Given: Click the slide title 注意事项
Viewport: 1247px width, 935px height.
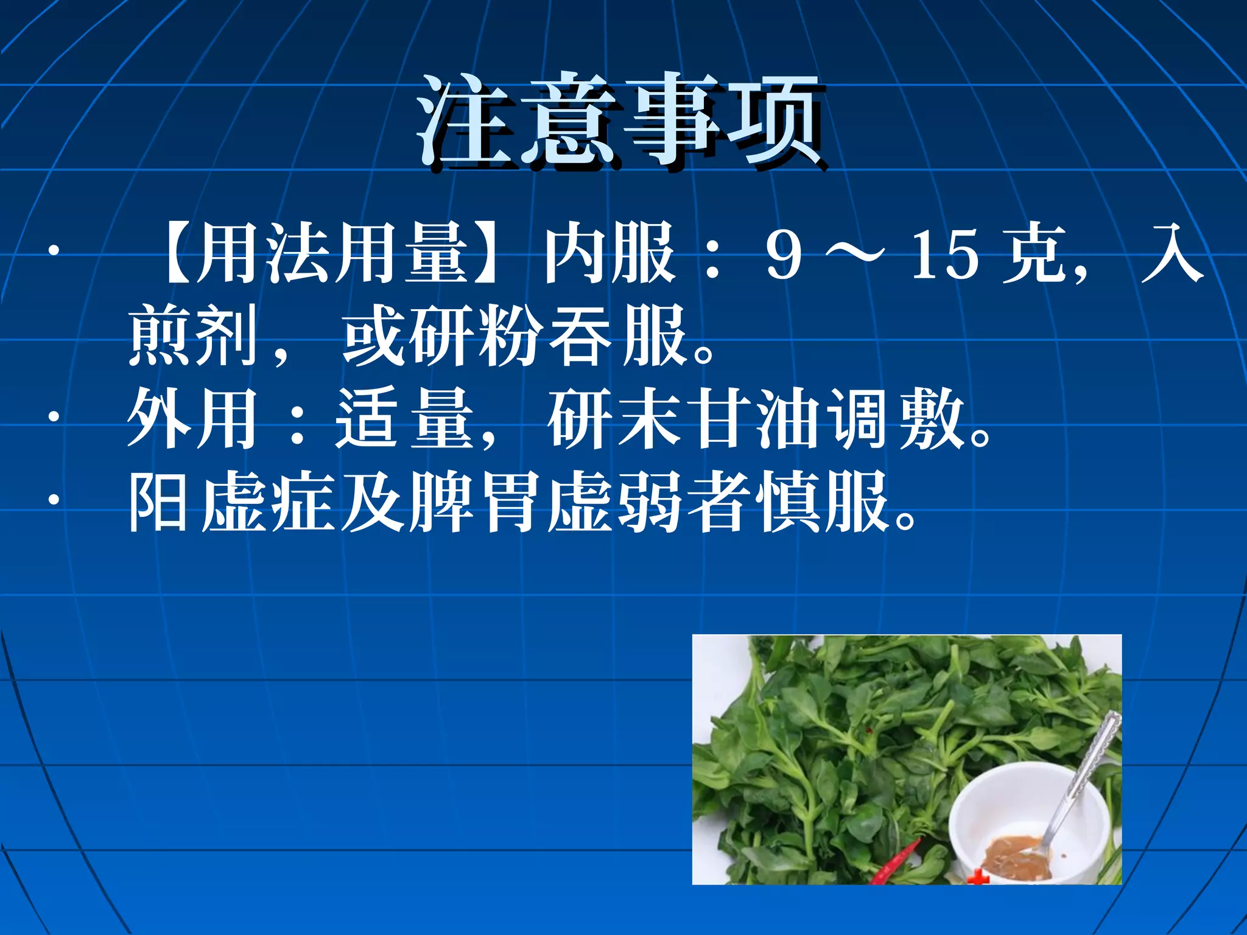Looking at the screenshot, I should pyautogui.click(x=621, y=122).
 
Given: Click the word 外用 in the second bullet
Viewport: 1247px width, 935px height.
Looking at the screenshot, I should pyautogui.click(x=194, y=419).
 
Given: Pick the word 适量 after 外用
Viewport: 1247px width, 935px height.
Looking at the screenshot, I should pyautogui.click(x=405, y=419).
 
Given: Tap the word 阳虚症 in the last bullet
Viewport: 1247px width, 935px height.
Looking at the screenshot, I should pyautogui.click(x=231, y=502).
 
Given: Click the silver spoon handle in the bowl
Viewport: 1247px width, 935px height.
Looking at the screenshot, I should pyautogui.click(x=1090, y=767).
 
